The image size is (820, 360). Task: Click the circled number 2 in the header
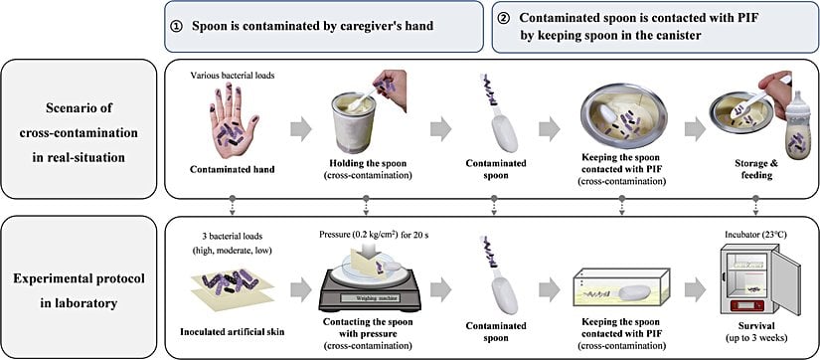click(510, 20)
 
